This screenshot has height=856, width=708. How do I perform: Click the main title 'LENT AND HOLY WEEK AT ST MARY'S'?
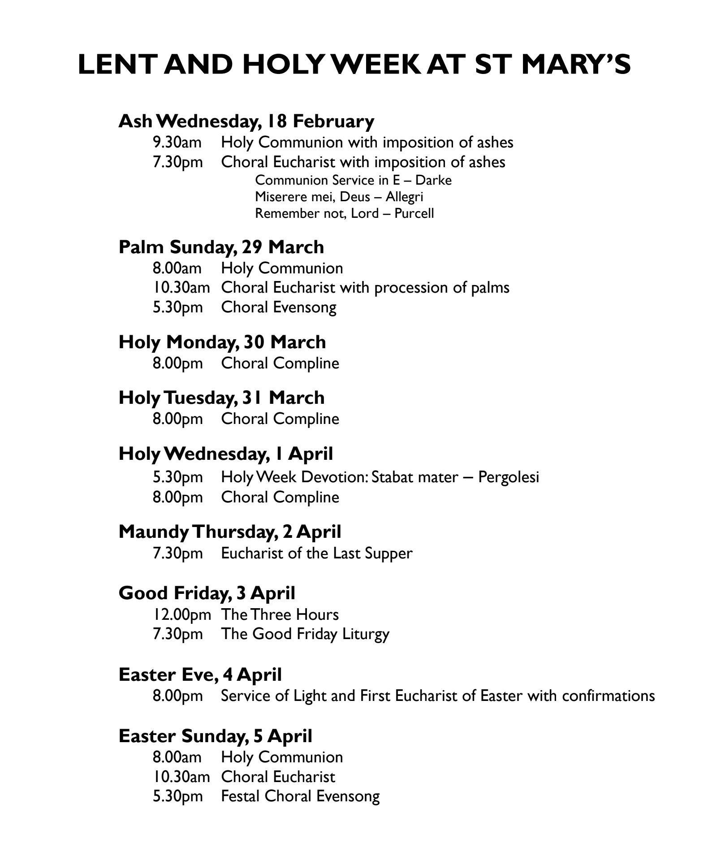tap(354, 65)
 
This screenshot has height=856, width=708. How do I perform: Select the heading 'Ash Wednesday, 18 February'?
tap(246, 121)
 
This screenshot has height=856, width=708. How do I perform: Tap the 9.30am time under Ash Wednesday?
tap(177, 143)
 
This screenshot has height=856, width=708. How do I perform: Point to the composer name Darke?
tap(433, 180)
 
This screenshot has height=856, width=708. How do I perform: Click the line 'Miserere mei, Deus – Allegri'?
tap(339, 197)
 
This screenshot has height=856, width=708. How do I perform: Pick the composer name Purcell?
tap(414, 213)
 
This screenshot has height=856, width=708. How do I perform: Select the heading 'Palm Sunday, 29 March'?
tap(221, 247)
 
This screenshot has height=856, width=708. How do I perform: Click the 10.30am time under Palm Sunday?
tap(181, 288)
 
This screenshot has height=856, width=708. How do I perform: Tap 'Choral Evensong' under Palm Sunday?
tap(278, 307)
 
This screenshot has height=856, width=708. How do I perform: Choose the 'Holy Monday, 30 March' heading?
tap(222, 342)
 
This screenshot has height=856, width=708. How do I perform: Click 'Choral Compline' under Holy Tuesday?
tap(280, 419)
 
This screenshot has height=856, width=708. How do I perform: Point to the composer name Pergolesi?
tap(508, 477)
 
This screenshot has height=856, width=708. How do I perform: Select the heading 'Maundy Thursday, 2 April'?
tap(229, 532)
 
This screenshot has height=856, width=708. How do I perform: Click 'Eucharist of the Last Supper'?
tap(316, 553)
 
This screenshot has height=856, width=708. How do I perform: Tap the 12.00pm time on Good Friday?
tap(181, 614)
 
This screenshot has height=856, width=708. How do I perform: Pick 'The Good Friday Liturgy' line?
tap(305, 634)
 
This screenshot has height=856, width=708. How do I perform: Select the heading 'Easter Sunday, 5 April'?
tap(215, 736)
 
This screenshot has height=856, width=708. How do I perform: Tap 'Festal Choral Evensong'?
tap(300, 796)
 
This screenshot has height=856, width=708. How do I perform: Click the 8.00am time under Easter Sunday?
tap(177, 757)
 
